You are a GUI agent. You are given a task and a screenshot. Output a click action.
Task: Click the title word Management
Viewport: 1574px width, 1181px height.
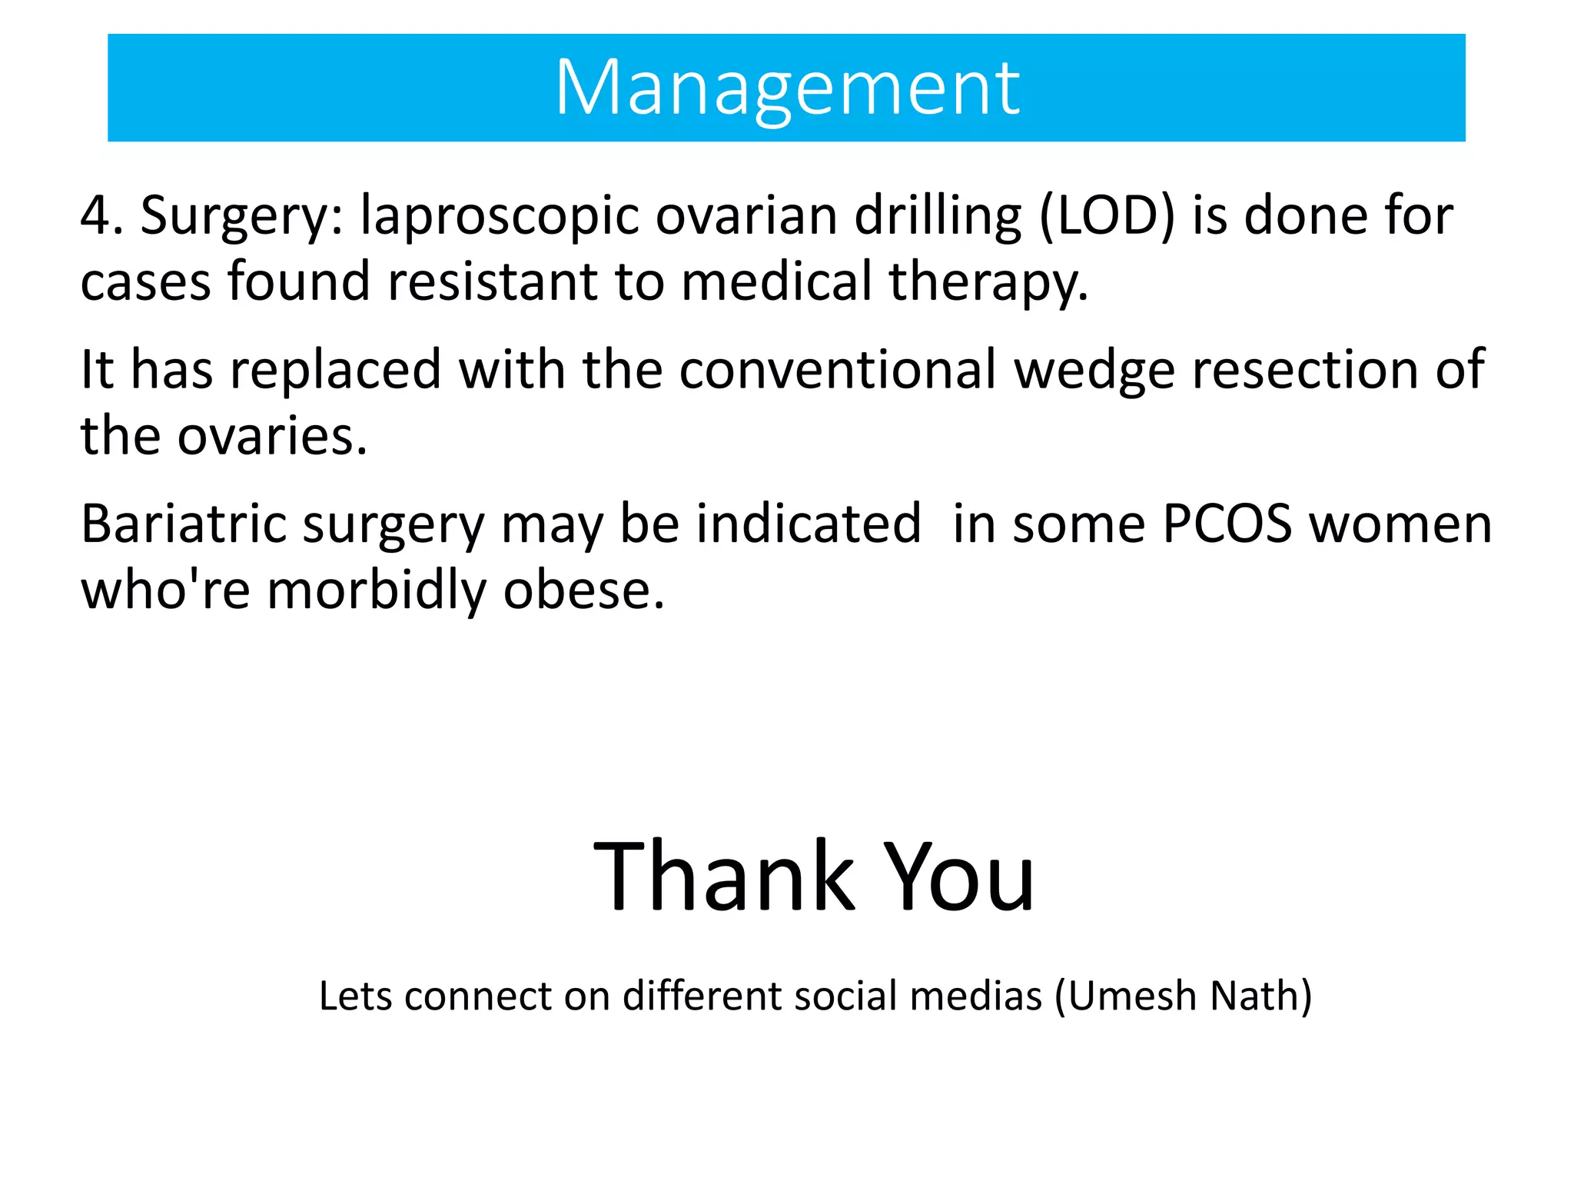tap(787, 89)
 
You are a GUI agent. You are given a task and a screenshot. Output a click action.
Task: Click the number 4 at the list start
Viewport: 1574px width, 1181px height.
tap(97, 216)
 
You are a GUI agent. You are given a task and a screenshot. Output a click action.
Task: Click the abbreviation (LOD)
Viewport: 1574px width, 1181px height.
tap(1107, 216)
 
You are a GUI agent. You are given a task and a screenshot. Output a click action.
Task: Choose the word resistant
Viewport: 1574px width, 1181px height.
tap(493, 281)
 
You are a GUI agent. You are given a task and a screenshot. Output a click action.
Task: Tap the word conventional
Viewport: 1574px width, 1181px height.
tap(838, 371)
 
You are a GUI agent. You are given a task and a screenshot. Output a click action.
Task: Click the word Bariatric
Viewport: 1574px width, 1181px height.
tap(184, 524)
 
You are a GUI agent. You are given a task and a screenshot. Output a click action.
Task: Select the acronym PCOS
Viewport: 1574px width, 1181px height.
tap(1227, 524)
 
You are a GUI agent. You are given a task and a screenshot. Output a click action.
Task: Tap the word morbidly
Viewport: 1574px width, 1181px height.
tap(377, 591)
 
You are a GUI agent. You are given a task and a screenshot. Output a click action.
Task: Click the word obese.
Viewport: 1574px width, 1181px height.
tap(583, 590)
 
